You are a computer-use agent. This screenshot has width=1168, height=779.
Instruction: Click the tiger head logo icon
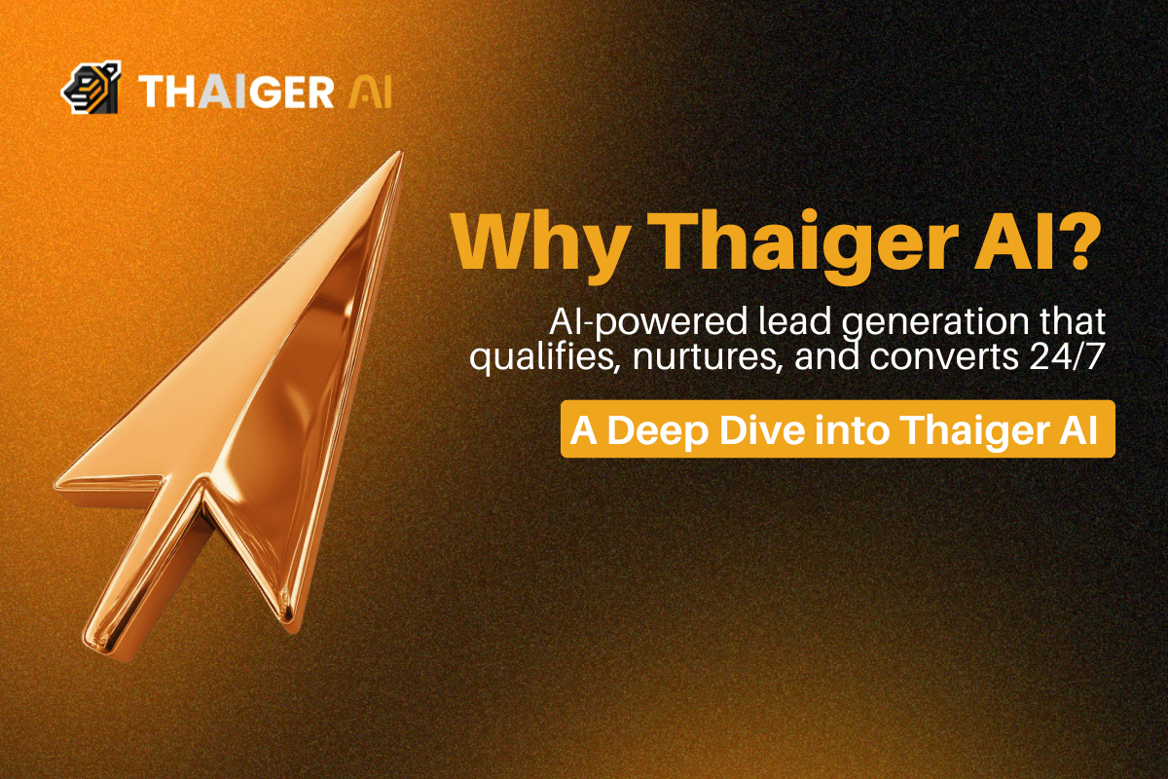coord(91,89)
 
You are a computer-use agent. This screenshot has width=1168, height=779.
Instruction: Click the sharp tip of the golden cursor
coord(398,155)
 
